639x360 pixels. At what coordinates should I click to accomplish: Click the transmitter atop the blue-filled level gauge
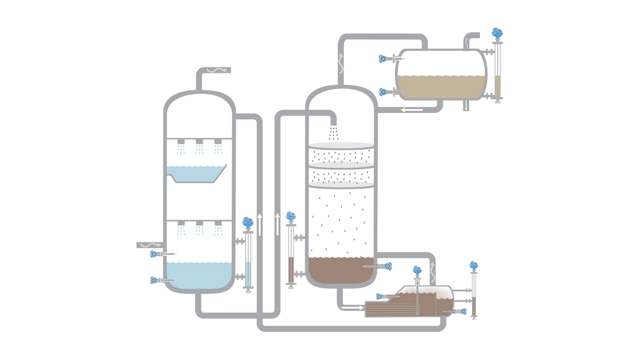click(x=248, y=222)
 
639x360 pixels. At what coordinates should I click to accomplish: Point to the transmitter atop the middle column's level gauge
click(x=291, y=216)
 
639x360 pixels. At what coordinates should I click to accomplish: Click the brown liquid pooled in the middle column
click(x=339, y=271)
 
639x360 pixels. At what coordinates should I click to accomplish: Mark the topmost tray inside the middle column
click(x=341, y=146)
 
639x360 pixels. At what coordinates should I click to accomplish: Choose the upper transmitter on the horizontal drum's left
click(x=383, y=59)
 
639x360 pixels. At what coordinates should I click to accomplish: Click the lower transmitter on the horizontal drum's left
click(x=383, y=92)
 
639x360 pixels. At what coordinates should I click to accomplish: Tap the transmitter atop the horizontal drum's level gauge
click(x=497, y=33)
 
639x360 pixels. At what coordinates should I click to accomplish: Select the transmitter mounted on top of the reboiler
click(x=417, y=271)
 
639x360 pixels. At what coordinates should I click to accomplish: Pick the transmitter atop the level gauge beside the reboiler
click(x=474, y=266)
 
